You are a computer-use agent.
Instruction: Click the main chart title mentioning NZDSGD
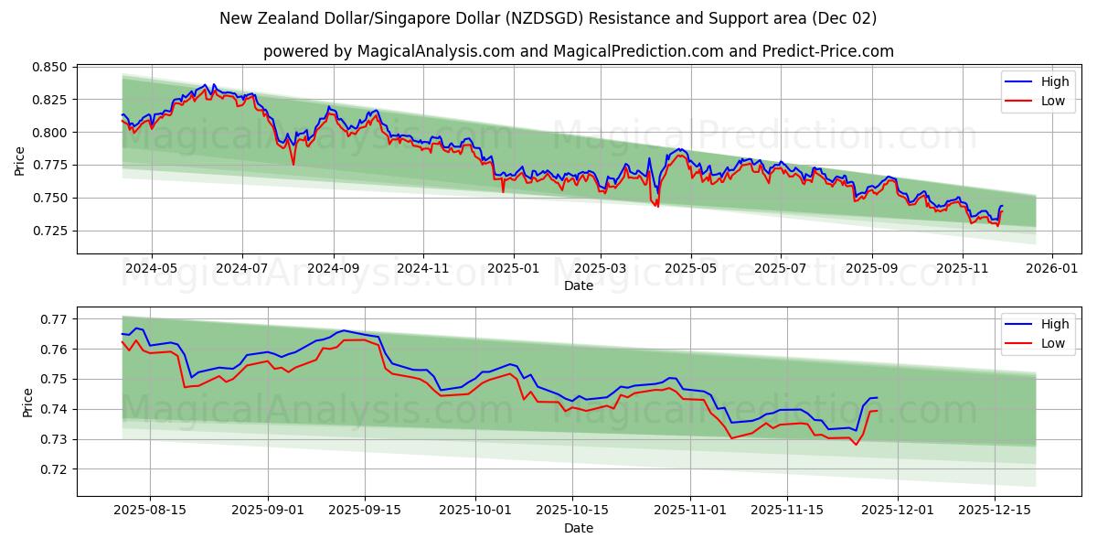pos(548,18)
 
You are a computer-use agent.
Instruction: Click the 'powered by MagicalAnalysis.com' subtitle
pos(578,51)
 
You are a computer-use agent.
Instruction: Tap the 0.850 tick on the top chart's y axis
pos(49,68)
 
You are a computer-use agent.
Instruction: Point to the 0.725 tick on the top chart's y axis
pos(49,231)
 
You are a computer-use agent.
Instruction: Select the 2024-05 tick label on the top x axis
pos(151,269)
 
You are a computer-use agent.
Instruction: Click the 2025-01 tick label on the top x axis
pos(513,269)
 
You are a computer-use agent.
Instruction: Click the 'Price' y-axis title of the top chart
pos(20,161)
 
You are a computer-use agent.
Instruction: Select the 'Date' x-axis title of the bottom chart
pos(578,529)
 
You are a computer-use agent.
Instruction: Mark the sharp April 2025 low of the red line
pos(656,206)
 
